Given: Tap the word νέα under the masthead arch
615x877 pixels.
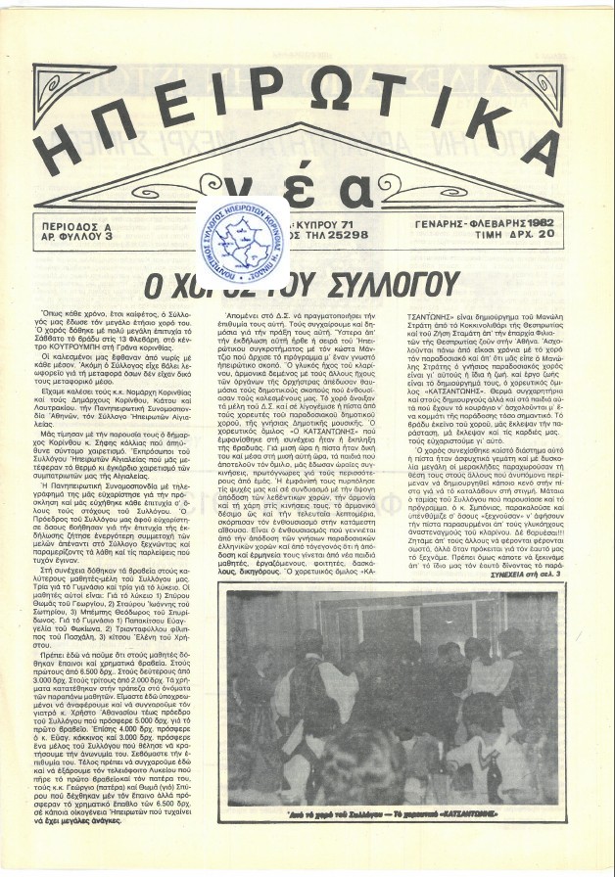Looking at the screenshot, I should click(310, 181).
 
